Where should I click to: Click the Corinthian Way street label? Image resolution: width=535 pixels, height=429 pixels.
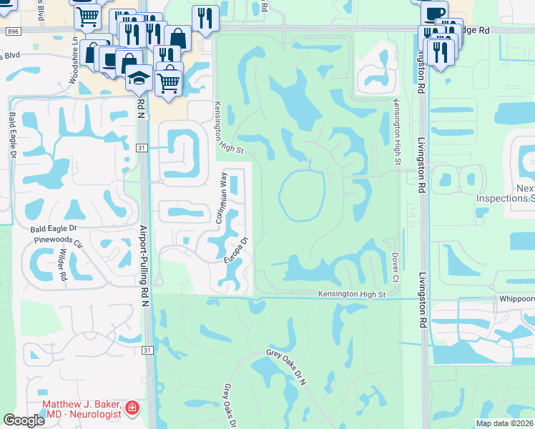223,198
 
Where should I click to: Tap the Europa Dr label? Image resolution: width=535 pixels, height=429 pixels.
235,250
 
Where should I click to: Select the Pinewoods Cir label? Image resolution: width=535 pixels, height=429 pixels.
58,241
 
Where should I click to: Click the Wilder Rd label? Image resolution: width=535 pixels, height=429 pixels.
63,265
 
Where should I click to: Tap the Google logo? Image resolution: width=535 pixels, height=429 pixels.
24,420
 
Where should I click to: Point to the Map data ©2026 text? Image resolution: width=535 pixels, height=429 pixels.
504,423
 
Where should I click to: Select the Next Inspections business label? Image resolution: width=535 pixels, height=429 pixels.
515,194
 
